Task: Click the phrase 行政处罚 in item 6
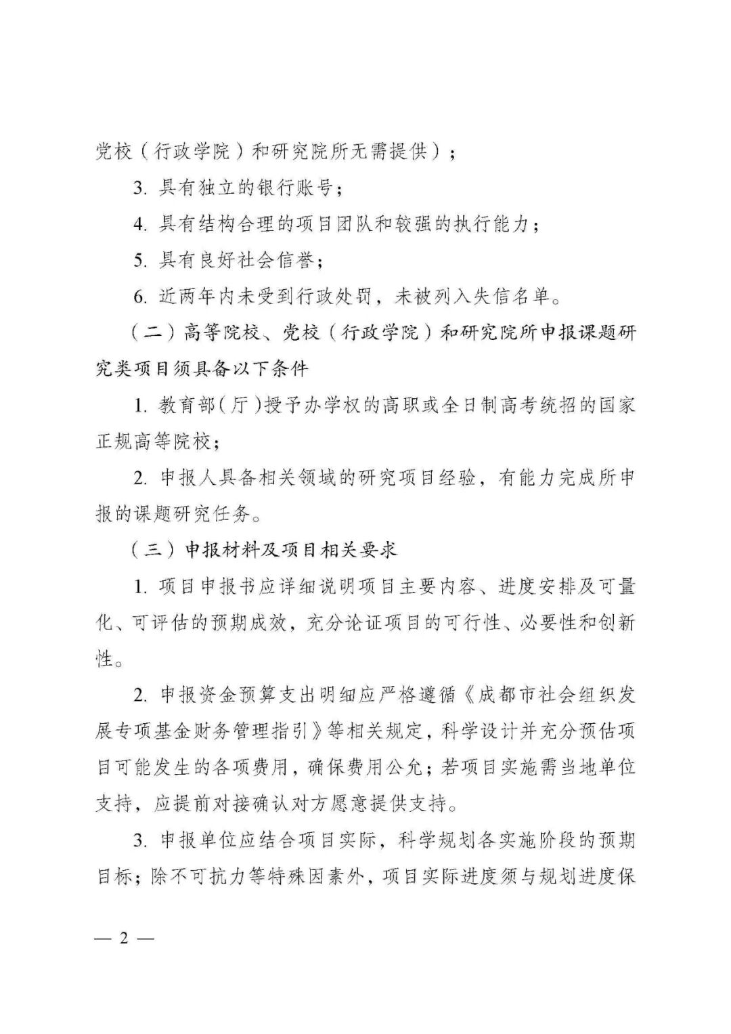click(x=338, y=297)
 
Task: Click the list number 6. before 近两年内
click(x=140, y=297)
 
